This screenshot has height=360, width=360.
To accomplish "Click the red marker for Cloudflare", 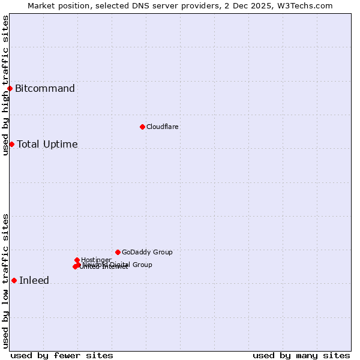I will tap(142, 127).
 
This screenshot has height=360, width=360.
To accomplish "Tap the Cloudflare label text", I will tap(163, 127).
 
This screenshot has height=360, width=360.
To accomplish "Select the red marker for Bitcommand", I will tap(10, 89).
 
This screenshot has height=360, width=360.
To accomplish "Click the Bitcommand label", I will tap(45, 89).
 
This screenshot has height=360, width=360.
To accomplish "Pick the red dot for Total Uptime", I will tap(11, 144).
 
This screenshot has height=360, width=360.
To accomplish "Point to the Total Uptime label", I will tap(47, 144).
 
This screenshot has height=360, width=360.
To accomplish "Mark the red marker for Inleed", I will tap(14, 280).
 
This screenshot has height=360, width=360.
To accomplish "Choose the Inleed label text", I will tap(34, 280).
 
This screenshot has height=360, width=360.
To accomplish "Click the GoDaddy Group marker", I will tap(118, 252).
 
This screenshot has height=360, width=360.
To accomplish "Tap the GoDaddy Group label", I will tap(147, 252).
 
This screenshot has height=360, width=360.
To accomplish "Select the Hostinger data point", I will tap(77, 260).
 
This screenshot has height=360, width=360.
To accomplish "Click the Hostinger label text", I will tap(97, 260).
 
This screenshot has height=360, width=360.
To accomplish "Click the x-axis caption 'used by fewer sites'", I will tap(62, 355).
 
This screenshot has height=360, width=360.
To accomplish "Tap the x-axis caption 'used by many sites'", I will tap(301, 355).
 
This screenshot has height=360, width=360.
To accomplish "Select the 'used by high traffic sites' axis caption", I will tap(5, 85).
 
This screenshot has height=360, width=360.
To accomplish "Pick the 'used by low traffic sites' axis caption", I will tap(5, 281).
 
